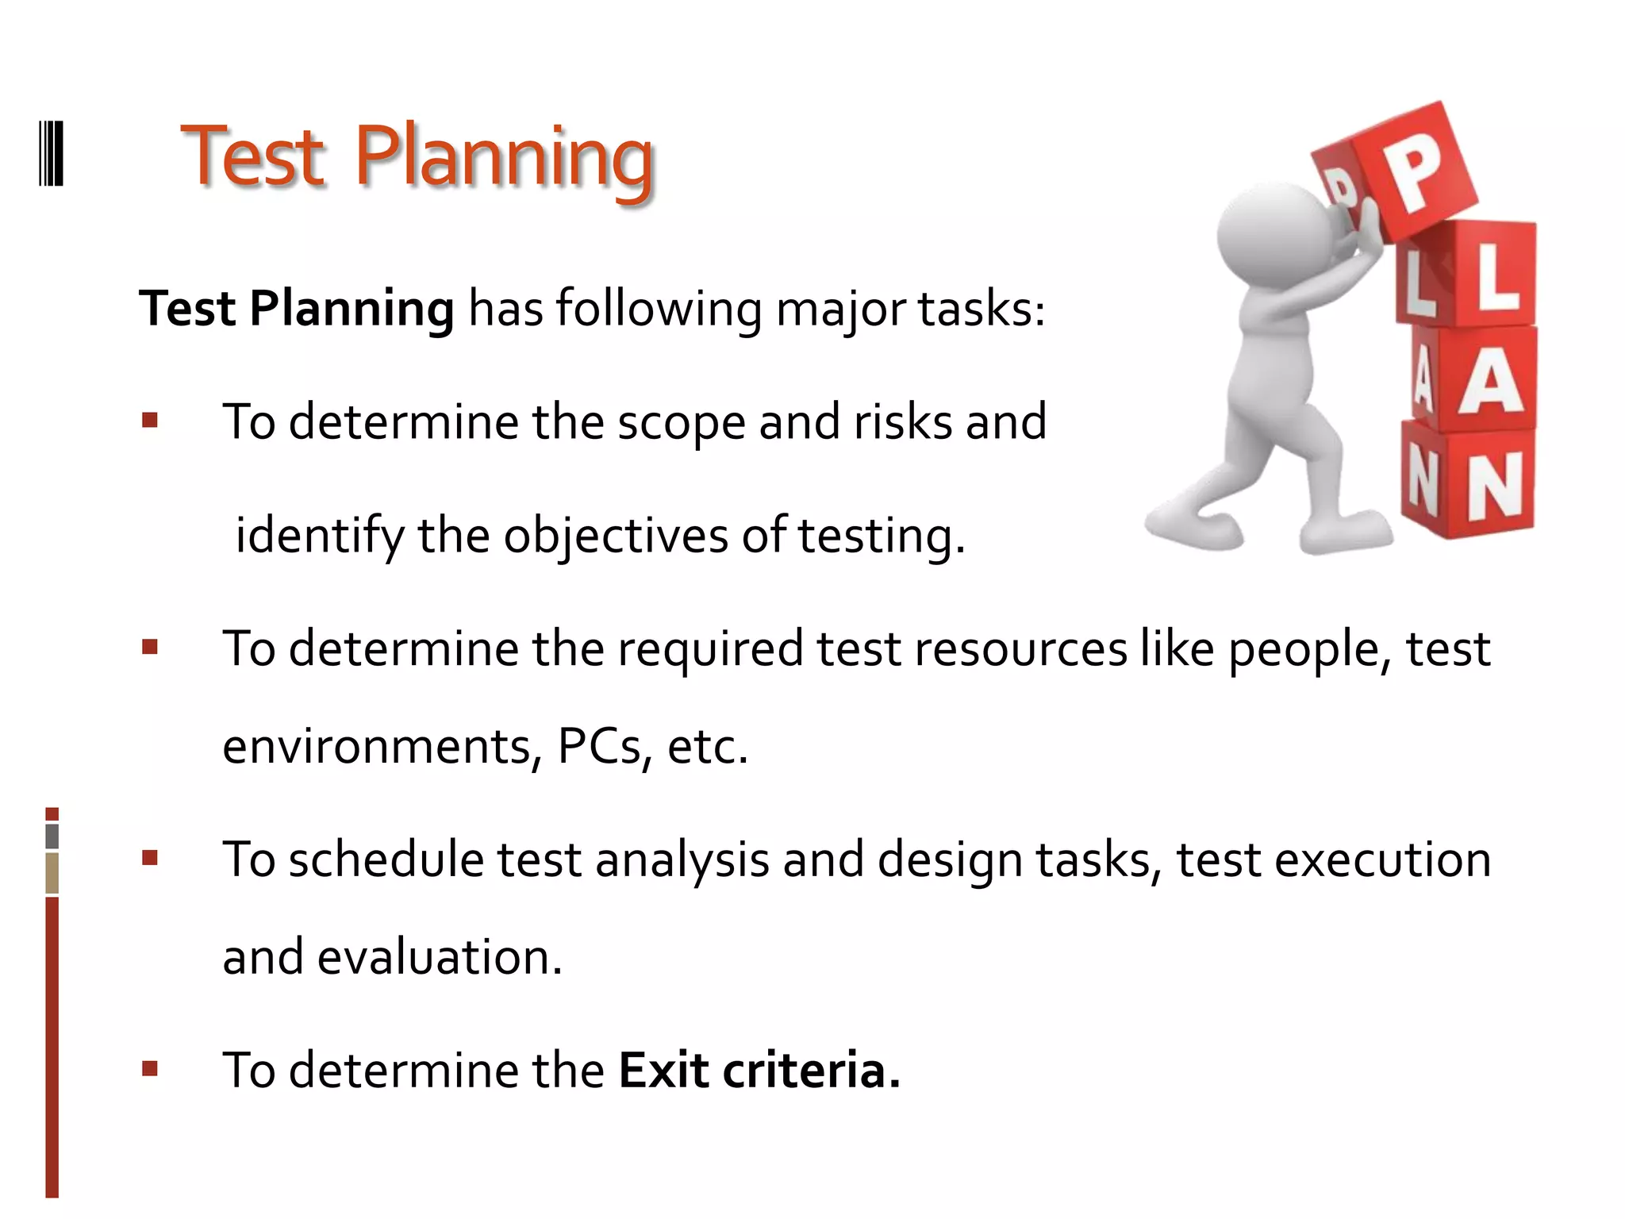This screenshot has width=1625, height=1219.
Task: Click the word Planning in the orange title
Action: [504, 159]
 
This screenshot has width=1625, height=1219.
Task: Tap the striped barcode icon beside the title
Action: [52, 153]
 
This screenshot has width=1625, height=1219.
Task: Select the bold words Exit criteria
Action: [759, 1070]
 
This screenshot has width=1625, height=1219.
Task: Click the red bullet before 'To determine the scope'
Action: [150, 420]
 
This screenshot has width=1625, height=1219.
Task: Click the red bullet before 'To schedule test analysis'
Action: [150, 858]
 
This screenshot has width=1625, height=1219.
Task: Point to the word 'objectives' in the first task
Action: [616, 536]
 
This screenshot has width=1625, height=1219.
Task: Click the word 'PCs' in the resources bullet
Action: [598, 746]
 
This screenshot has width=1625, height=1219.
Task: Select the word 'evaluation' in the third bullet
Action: [439, 957]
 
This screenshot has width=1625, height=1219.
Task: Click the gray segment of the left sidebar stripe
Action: [52, 836]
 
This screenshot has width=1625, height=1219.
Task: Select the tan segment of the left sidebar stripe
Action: [52, 873]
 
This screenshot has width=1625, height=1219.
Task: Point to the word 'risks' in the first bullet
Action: [902, 421]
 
